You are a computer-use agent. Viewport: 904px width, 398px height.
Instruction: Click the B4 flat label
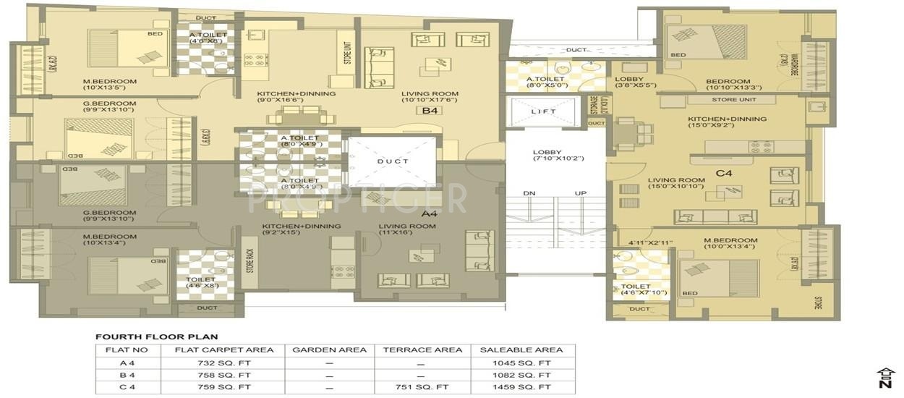tap(431, 111)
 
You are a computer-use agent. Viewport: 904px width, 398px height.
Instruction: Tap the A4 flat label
tap(430, 213)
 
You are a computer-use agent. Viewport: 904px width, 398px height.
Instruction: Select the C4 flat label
tap(724, 174)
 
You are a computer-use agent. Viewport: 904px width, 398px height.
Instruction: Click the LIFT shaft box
tap(544, 112)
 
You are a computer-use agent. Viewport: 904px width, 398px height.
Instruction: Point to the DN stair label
tap(529, 193)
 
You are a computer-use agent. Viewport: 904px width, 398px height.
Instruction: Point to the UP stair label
tap(580, 193)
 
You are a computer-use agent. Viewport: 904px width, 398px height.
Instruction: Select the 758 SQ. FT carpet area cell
tap(223, 375)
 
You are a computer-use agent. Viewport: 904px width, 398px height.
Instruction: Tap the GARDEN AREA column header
tap(329, 350)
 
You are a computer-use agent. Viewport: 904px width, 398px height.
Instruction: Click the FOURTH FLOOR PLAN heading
tap(156, 336)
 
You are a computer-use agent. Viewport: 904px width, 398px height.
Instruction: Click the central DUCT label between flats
tap(393, 161)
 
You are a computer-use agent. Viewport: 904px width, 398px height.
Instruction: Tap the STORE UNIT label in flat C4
tap(733, 99)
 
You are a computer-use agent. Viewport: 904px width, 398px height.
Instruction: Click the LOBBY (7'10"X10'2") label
tap(558, 155)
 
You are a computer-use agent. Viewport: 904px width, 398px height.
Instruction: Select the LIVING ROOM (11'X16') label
tap(407, 230)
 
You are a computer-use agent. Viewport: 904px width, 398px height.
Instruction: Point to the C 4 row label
tap(127, 387)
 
